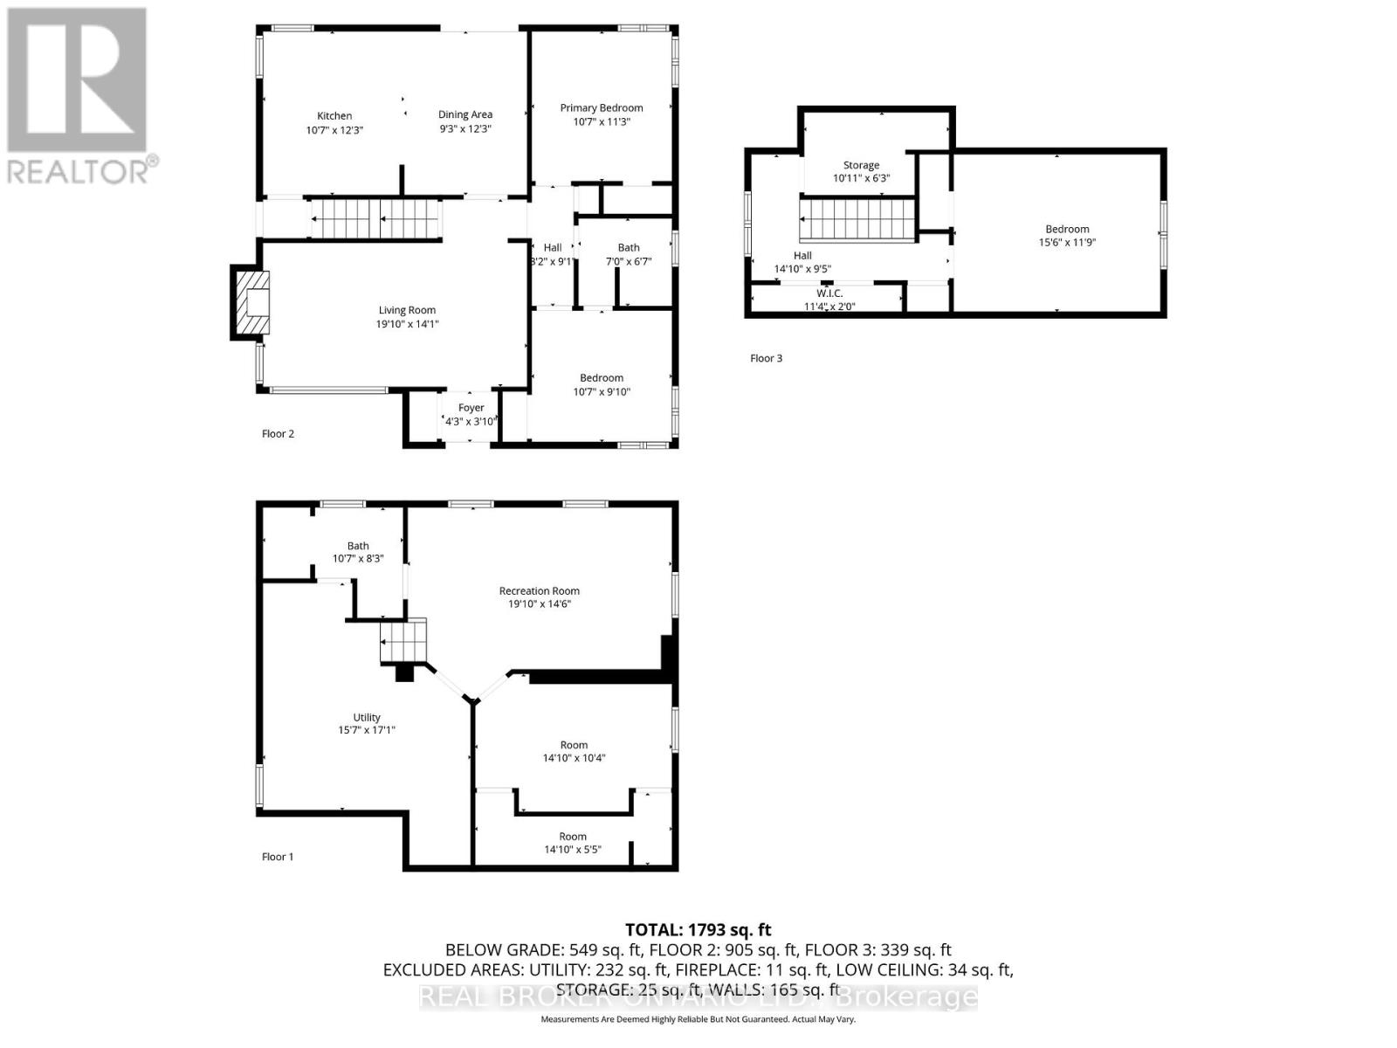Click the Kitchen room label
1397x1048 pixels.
coord(334,115)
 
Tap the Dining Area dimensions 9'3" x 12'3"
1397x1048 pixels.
coord(465,128)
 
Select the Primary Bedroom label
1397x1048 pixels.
coord(602,108)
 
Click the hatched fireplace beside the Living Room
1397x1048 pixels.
coord(251,302)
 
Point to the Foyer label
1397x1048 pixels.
coord(471,408)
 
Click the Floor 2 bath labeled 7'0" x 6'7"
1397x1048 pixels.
coord(629,254)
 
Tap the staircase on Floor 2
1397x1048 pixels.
coord(375,218)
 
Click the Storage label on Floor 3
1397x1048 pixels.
coord(861,165)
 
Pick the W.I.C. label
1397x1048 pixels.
coord(829,293)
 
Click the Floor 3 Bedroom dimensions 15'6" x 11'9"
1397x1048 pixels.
coord(1067,243)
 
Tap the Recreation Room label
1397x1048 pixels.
coord(540,591)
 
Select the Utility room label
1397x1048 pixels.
coord(367,718)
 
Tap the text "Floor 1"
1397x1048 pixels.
coord(278,857)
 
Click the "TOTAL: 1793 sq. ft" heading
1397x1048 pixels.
coord(698,930)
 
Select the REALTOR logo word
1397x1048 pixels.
coord(79,169)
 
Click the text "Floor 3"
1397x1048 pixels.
coord(766,358)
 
